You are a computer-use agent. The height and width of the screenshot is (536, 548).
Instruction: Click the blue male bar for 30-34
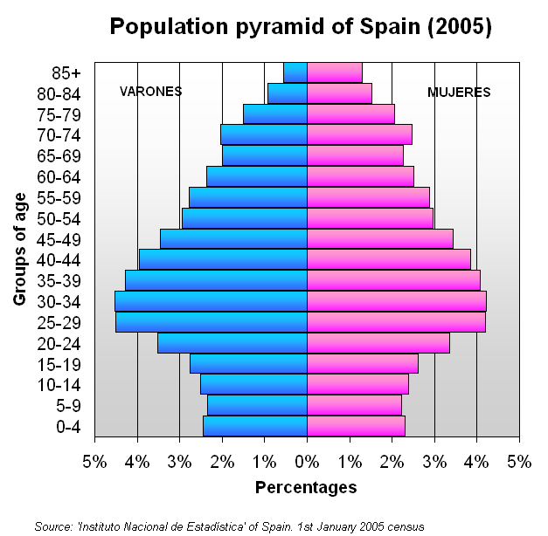[211, 301]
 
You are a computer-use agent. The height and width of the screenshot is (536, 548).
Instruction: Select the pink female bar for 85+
[335, 72]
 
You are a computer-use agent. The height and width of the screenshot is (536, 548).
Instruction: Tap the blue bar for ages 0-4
[254, 426]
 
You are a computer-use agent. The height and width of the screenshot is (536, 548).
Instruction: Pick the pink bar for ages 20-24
[378, 343]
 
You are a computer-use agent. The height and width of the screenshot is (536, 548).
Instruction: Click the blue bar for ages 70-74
[263, 134]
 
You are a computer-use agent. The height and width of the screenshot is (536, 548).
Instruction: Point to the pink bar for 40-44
[388, 259]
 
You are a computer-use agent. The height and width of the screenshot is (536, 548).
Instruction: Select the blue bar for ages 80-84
[287, 93]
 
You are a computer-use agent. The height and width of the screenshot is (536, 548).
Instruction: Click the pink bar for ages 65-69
[355, 155]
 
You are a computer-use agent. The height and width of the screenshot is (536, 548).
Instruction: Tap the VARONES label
[150, 92]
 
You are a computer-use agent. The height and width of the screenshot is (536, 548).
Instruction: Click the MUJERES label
[459, 92]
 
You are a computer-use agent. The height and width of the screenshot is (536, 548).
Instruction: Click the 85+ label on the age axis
[66, 72]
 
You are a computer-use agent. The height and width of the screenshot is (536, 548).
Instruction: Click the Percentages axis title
[306, 487]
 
